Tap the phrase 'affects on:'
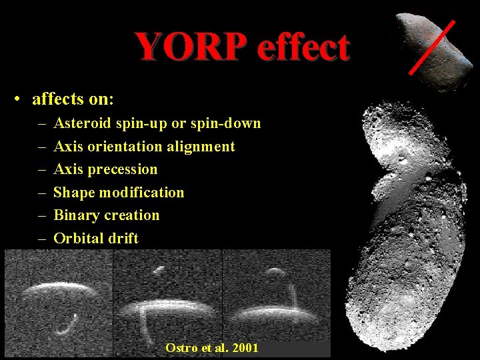pos(73,100)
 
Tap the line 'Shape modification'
pos(119,193)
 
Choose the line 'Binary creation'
pos(107,215)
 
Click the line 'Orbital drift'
pos(96,238)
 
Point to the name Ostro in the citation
pos(179,348)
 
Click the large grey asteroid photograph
pos(407,220)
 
